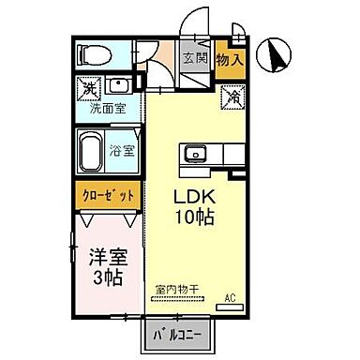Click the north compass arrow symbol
point(277,54)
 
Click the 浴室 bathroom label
point(120,150)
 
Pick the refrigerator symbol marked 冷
point(231,95)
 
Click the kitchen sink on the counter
point(197,153)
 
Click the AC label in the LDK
point(229,299)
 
